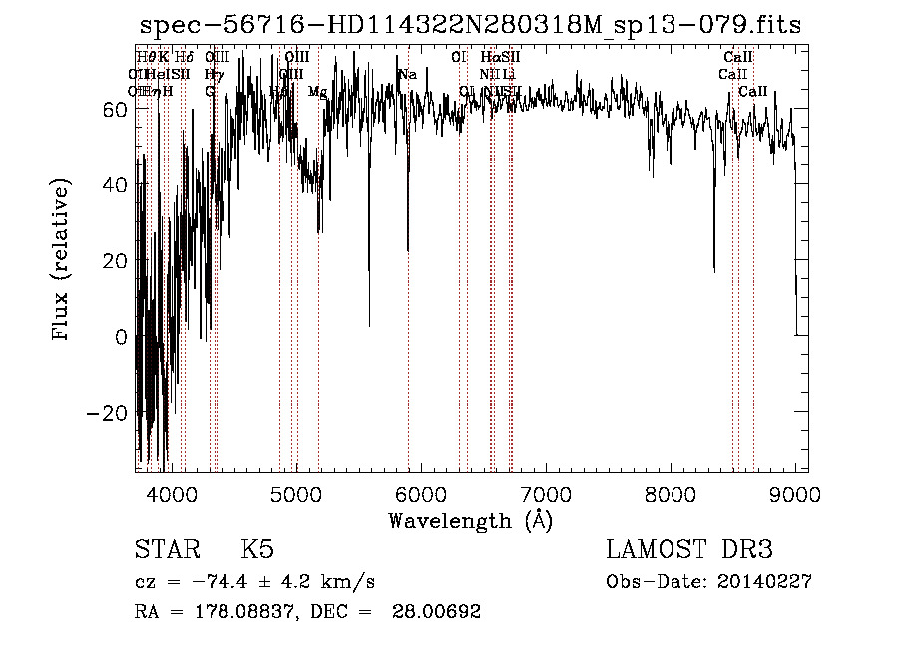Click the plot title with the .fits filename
[x=470, y=26]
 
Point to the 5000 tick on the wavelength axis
[x=296, y=495]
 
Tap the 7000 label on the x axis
[x=546, y=495]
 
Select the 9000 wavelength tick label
[x=795, y=495]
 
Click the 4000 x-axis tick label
[x=172, y=495]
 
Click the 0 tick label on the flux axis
[x=122, y=337]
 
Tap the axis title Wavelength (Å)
[x=470, y=520]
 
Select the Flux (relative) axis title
[x=63, y=261]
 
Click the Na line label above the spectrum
[x=407, y=75]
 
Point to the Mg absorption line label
[x=317, y=92]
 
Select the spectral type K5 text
[x=257, y=550]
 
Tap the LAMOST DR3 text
[x=689, y=550]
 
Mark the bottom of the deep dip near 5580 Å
[x=369, y=325]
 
